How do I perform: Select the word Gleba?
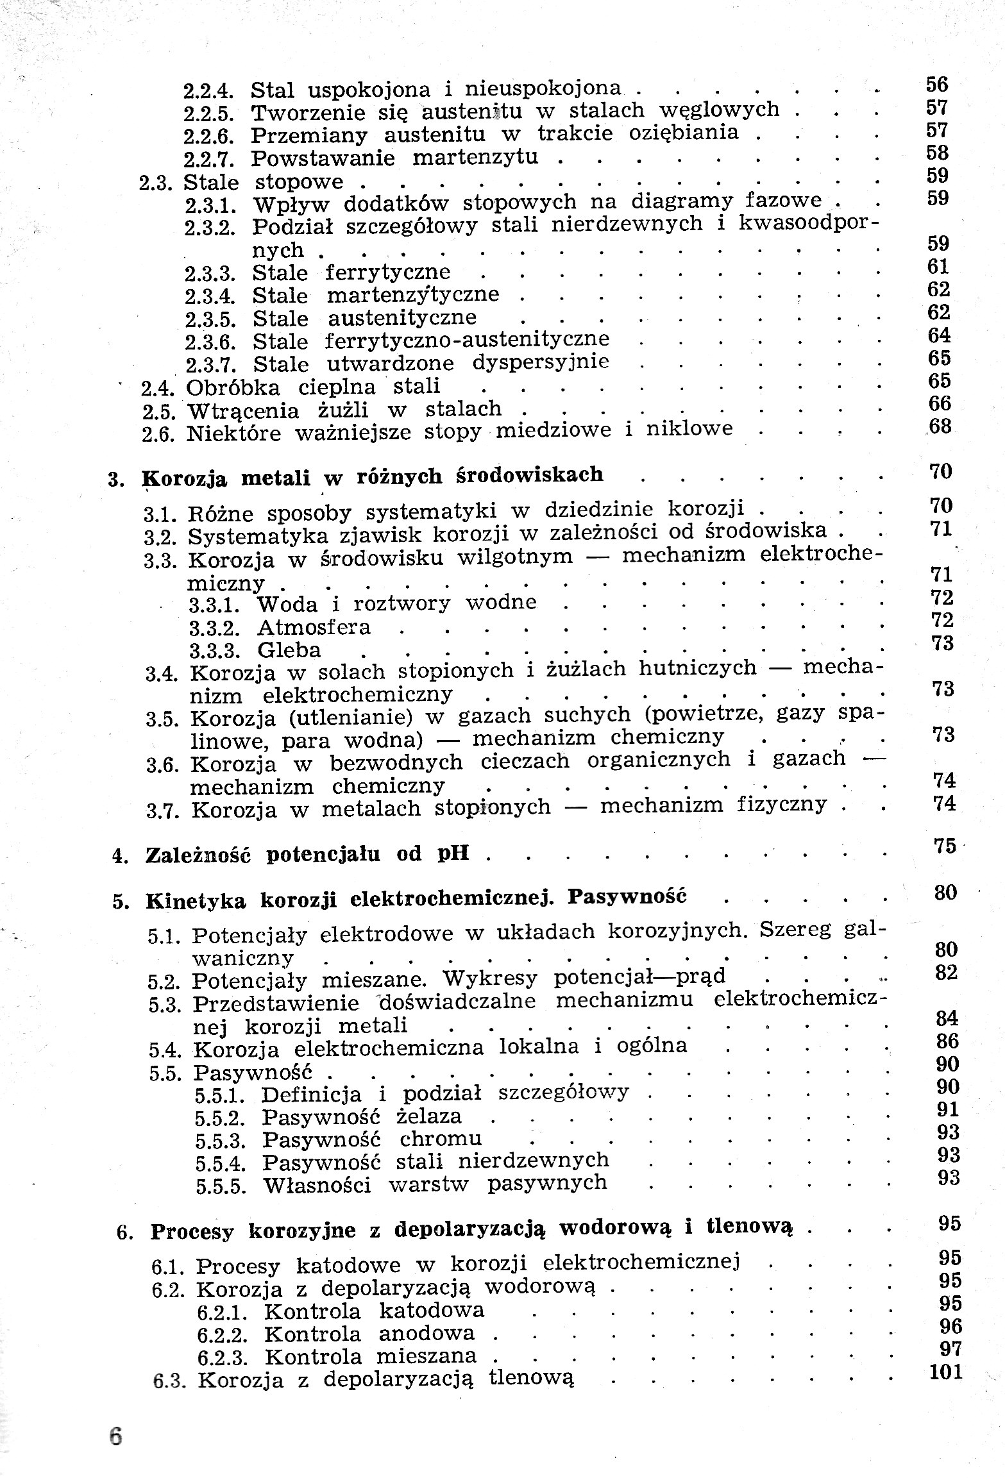tap(289, 650)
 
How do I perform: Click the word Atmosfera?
tap(314, 626)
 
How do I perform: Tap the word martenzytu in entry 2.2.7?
tap(475, 157)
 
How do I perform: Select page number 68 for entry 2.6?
tap(940, 426)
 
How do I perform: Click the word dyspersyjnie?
tap(541, 362)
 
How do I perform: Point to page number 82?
tap(946, 973)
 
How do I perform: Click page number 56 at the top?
tap(937, 84)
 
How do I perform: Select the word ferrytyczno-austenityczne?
tap(468, 339)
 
